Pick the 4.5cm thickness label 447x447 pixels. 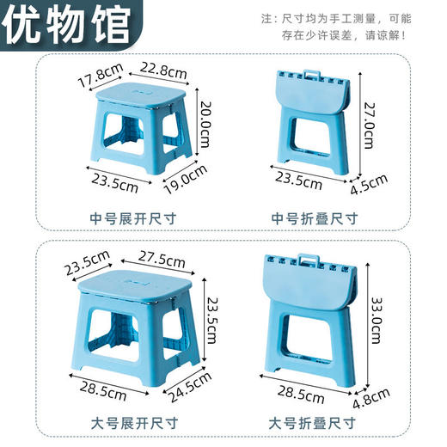click(373, 183)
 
